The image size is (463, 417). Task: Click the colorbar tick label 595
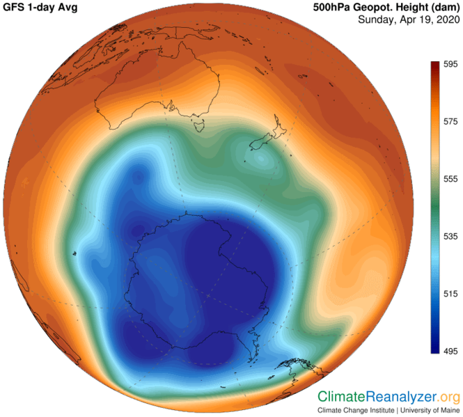coord(450,64)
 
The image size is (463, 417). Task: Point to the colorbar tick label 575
coord(450,121)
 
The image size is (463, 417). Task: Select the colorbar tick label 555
coord(450,179)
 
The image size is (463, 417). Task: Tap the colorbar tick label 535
coord(450,237)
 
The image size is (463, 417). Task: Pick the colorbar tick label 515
coord(450,294)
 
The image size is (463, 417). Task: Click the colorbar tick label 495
coord(450,352)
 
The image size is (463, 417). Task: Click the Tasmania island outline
coord(198,125)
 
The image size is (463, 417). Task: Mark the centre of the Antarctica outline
coord(202,278)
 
